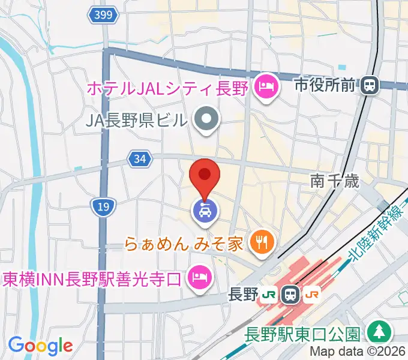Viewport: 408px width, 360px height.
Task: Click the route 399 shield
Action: (103, 16)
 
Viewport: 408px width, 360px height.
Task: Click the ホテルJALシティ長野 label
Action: (167, 88)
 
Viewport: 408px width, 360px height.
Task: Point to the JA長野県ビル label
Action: (137, 121)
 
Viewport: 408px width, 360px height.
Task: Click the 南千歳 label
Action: (335, 181)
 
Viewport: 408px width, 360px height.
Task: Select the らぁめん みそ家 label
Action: (184, 244)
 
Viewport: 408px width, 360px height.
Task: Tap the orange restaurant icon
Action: (262, 242)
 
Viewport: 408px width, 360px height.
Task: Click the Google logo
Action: (40, 346)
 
